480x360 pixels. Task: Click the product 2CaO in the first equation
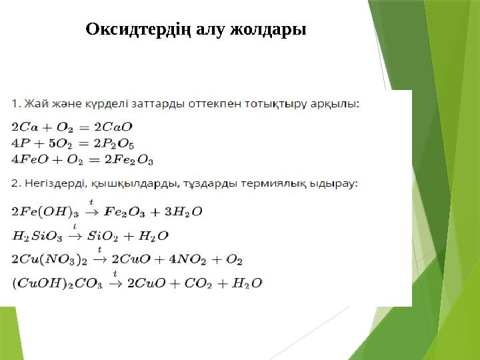pos(113,126)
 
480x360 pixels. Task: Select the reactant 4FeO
pos(30,159)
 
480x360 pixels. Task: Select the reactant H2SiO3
pos(37,235)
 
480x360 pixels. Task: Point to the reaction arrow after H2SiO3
pos(77,235)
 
